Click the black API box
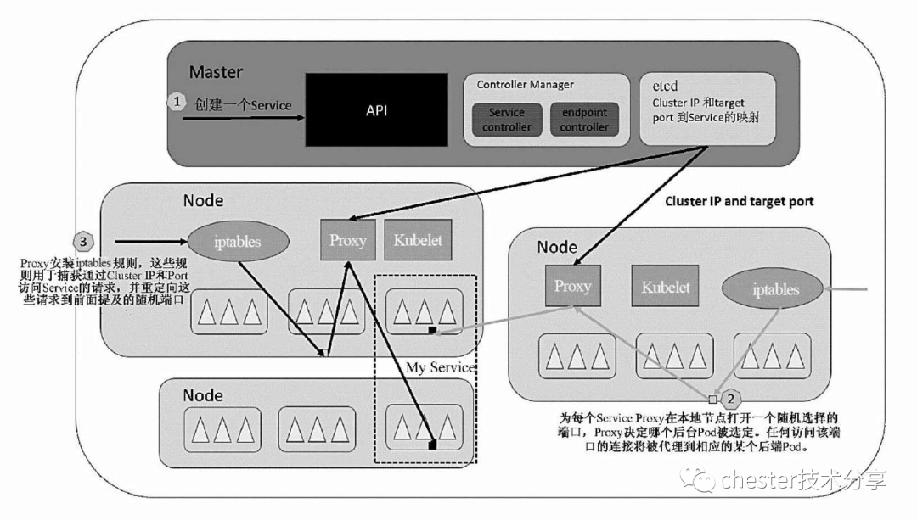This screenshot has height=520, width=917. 376,109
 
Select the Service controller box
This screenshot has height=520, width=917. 506,120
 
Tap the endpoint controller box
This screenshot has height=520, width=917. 584,120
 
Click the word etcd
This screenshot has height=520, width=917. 665,86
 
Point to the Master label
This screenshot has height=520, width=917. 216,72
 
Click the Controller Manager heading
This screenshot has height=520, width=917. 525,85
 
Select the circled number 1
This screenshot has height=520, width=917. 176,101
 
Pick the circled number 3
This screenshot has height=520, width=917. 83,241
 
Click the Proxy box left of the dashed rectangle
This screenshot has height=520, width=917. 348,240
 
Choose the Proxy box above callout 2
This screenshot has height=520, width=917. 572,286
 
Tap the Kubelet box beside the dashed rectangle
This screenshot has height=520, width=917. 418,240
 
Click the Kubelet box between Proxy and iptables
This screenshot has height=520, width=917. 665,287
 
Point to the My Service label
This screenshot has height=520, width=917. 439,367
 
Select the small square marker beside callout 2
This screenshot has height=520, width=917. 714,397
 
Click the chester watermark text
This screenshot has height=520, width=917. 802,480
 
